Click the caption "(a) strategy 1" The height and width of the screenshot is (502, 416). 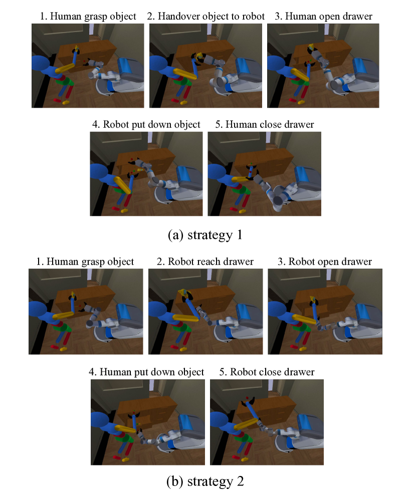click(x=205, y=235)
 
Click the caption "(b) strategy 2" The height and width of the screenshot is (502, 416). click(x=205, y=481)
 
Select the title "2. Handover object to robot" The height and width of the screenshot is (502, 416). click(x=206, y=17)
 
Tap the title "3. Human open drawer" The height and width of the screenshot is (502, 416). click(x=323, y=17)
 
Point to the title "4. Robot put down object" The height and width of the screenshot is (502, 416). click(x=146, y=125)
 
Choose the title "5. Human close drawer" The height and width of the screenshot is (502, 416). click(x=265, y=125)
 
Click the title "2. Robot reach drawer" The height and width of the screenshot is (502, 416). click(x=205, y=262)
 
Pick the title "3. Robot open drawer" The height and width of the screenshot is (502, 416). click(x=325, y=262)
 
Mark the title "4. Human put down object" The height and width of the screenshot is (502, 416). click(x=146, y=372)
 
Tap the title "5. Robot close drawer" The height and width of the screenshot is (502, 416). click(x=267, y=372)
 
